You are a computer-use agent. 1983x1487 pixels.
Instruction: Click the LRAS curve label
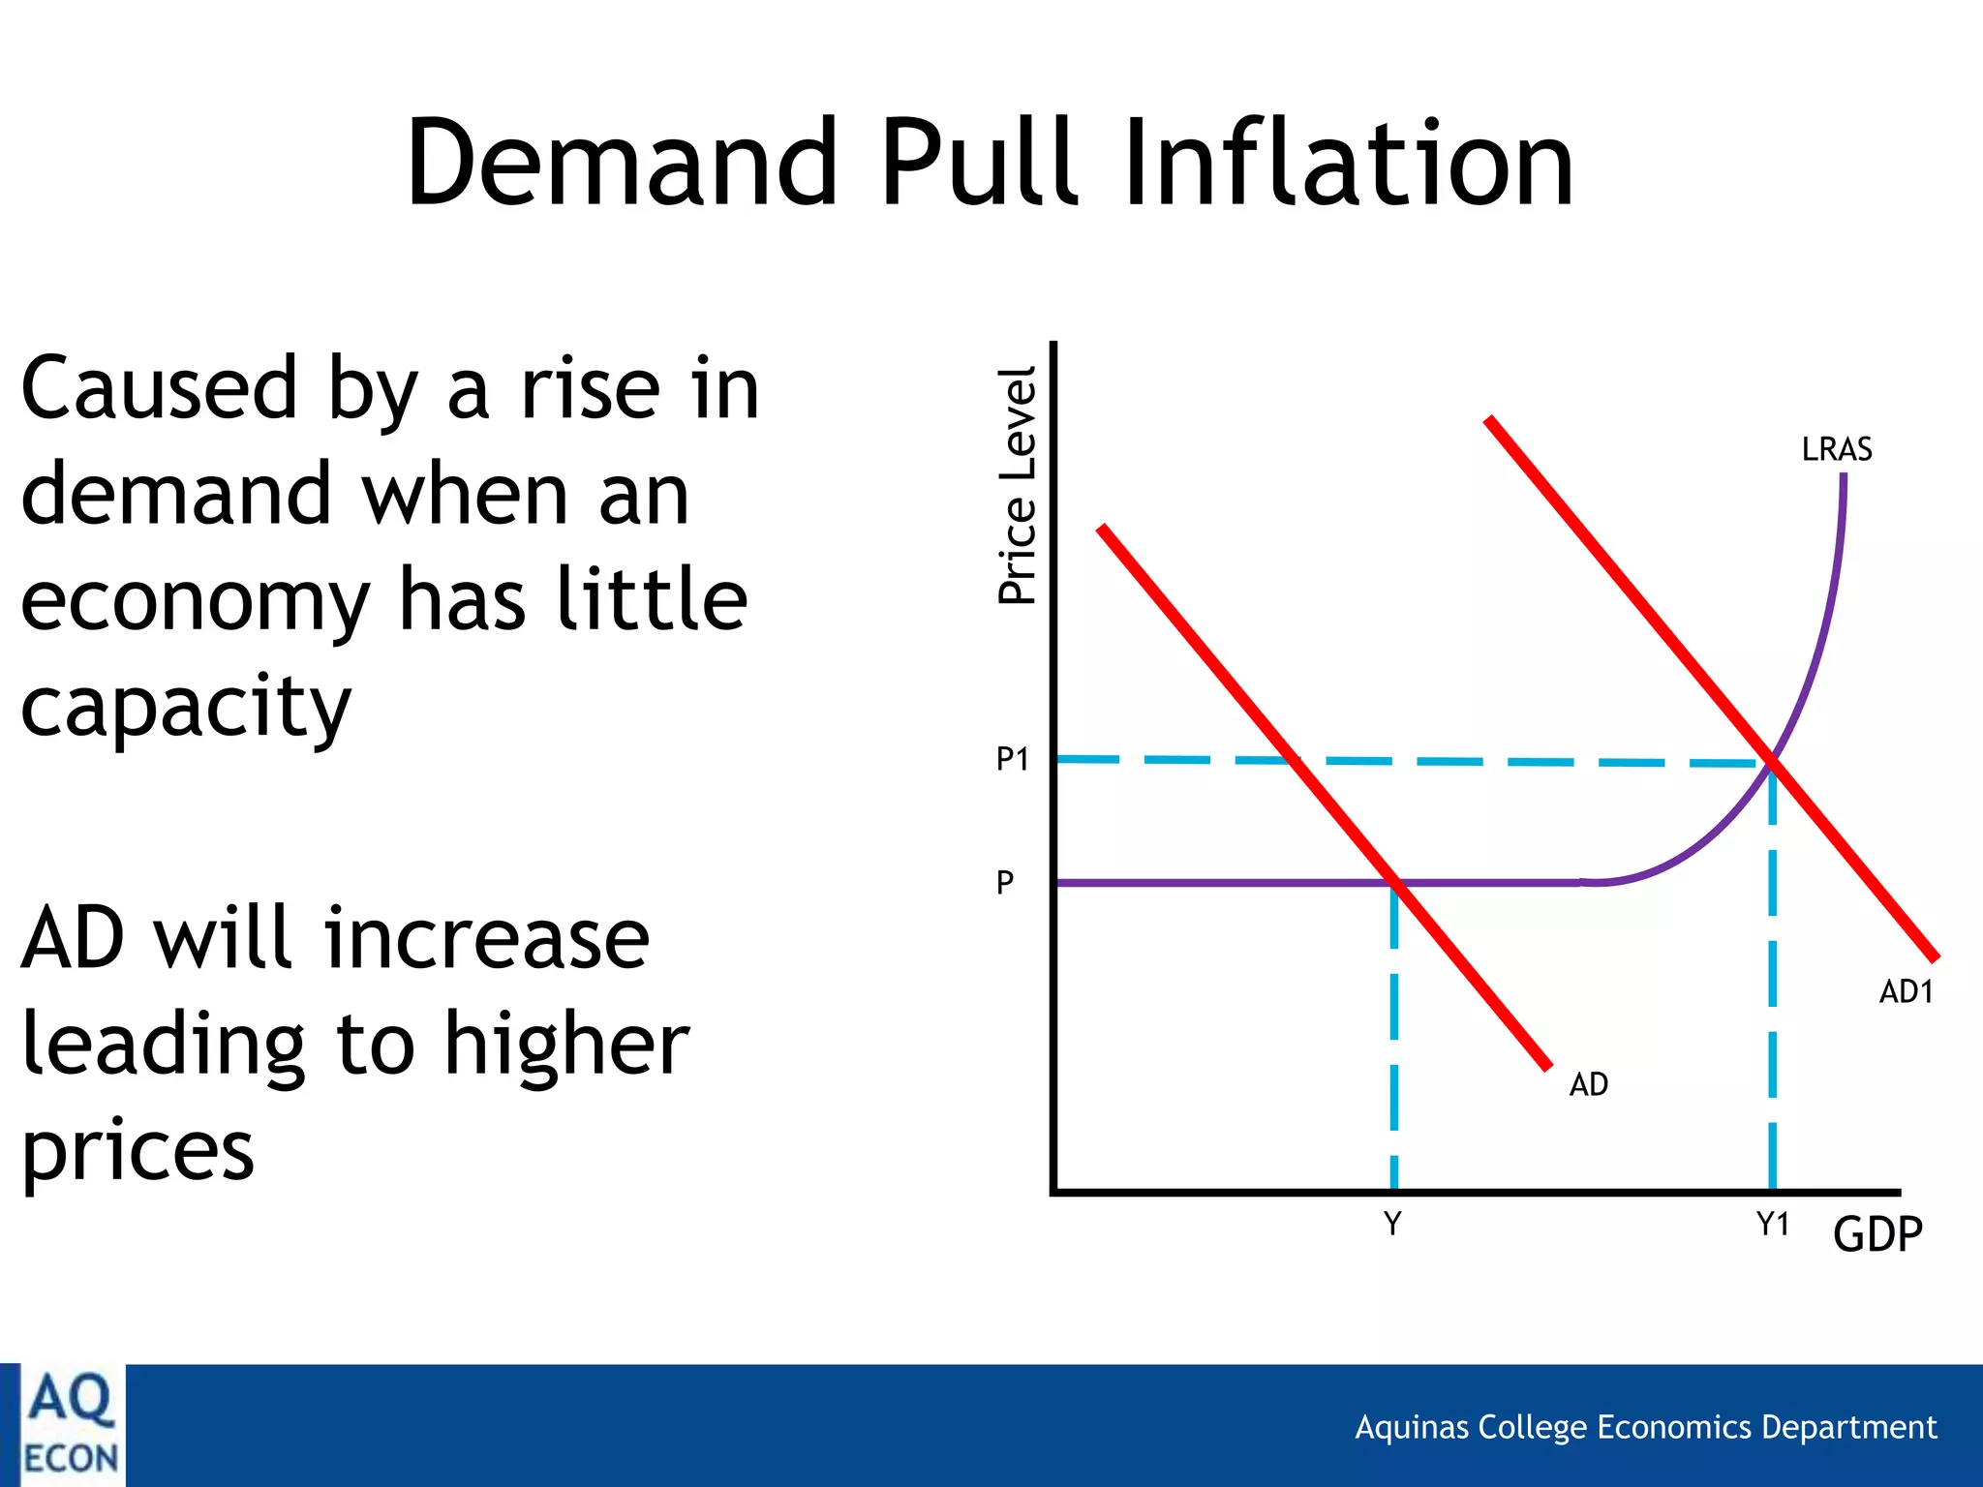point(1836,449)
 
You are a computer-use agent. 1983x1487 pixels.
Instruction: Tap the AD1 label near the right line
point(1906,991)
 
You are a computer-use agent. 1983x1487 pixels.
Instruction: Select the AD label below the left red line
point(1588,1083)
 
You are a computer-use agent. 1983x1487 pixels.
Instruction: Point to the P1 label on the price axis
point(1012,759)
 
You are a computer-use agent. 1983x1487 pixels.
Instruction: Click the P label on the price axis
point(1005,882)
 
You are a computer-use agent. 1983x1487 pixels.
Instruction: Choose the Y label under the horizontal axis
point(1392,1224)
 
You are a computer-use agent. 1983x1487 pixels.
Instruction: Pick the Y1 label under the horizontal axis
point(1772,1224)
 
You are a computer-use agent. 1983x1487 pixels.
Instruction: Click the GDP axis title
point(1876,1233)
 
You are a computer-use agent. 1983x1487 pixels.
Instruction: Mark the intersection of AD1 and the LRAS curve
point(1772,763)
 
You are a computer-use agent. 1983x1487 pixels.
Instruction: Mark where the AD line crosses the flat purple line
point(1394,882)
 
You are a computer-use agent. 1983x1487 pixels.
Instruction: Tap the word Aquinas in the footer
point(1414,1427)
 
